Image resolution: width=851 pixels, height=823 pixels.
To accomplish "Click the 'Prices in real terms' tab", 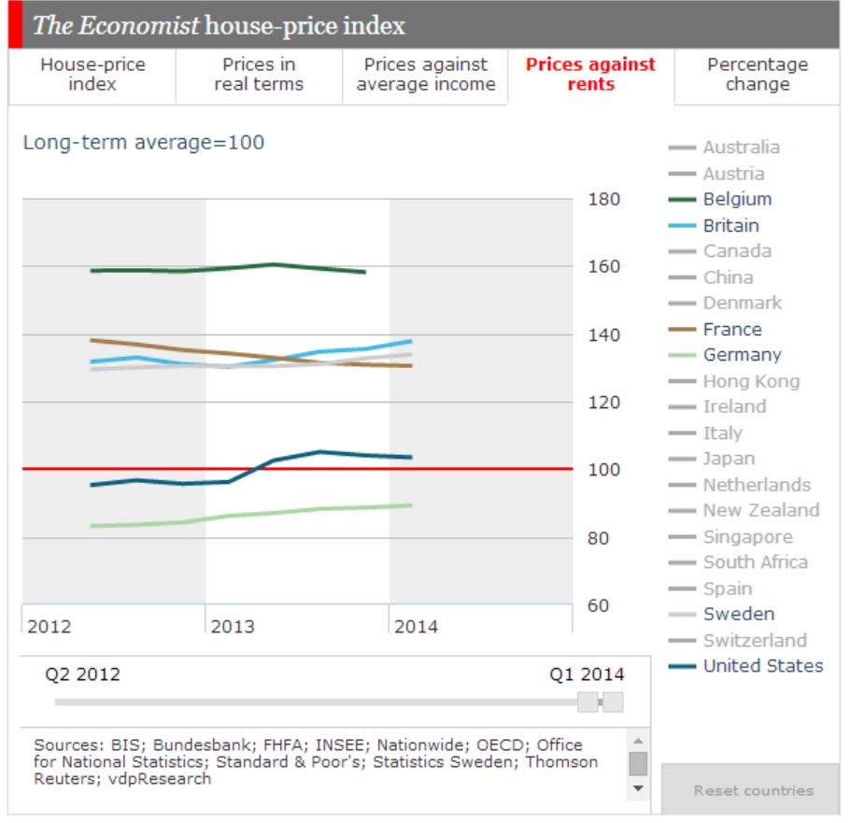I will point(259,74).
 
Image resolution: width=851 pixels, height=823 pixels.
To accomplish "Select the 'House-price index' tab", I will point(92,74).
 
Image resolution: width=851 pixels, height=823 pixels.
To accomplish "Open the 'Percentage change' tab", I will point(757,74).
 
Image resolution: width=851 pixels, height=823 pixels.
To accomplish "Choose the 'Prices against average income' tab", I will point(426,74).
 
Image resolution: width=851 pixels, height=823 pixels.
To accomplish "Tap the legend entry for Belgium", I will point(737,199).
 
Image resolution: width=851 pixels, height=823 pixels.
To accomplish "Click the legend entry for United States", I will point(762,666).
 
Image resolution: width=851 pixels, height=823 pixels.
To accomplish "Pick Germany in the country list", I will point(742,355).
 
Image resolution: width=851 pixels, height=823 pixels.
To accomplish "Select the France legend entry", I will point(731,329).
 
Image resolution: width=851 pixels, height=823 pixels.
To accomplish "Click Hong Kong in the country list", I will point(751,381).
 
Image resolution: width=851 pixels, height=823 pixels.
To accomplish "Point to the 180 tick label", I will point(604,199).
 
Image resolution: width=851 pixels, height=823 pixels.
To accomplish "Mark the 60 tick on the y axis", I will point(599,605).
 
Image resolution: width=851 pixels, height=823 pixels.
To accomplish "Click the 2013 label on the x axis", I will point(233,626).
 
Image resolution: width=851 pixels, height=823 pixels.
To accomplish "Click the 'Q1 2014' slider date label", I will point(587,674).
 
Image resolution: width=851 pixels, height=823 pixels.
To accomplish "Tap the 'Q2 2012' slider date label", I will point(83,674).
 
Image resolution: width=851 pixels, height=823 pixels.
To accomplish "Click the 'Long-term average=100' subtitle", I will point(144,143).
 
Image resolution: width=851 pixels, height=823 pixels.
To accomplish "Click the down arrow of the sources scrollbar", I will point(638,788).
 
